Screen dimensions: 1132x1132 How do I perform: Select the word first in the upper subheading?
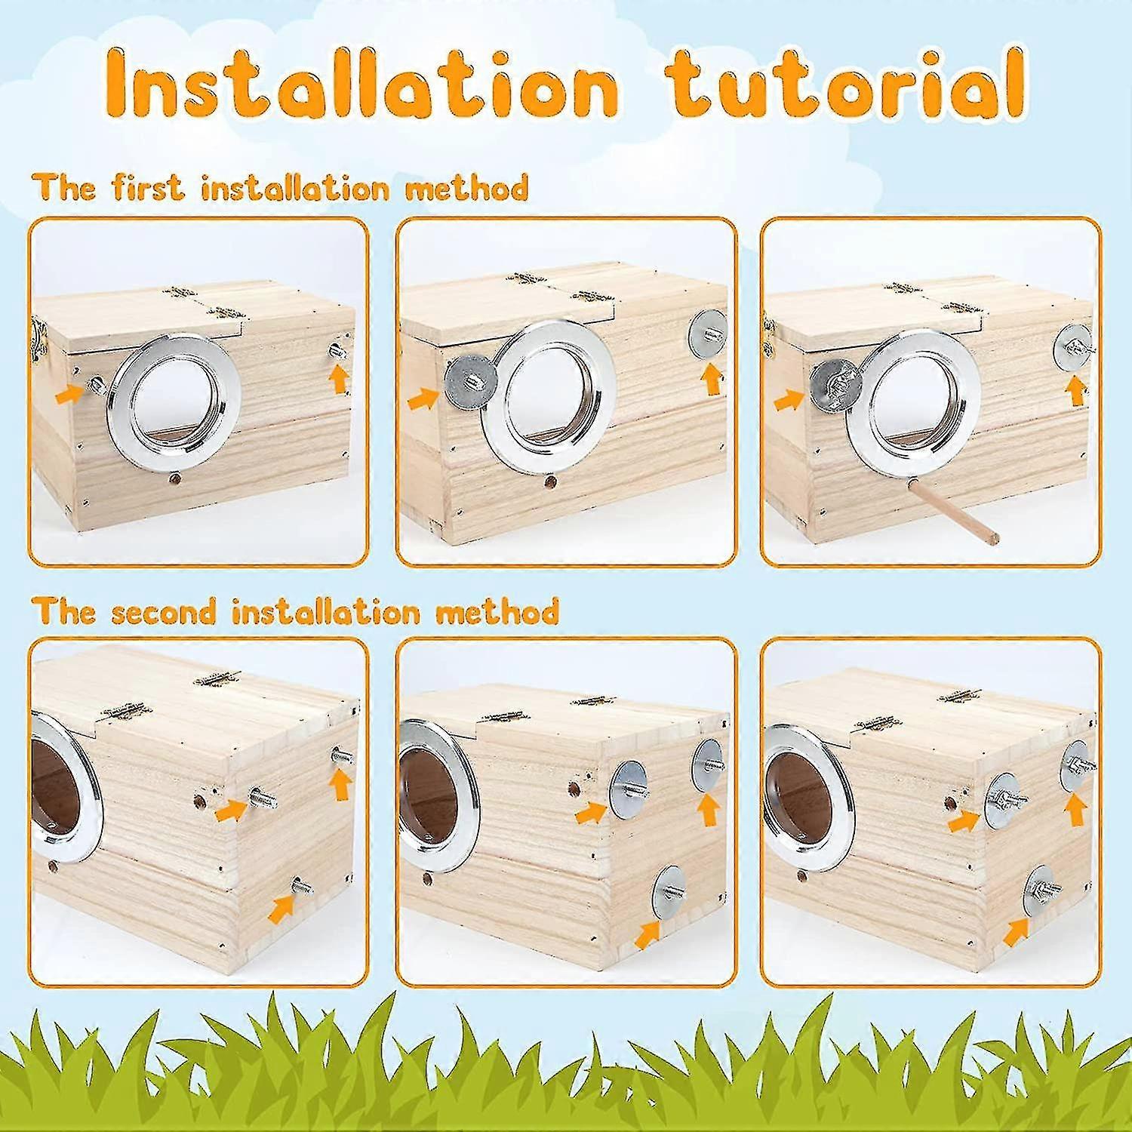[x=148, y=187]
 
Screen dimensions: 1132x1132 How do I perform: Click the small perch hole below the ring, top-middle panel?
[x=548, y=480]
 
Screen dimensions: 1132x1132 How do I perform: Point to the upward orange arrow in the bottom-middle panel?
[x=708, y=811]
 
